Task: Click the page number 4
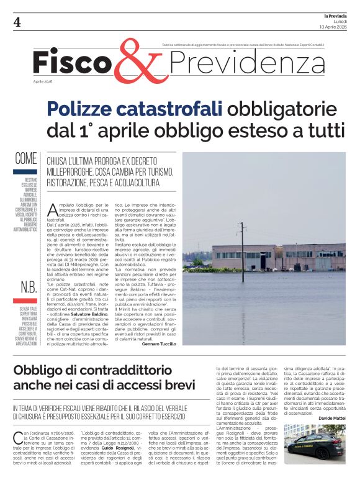[17, 22]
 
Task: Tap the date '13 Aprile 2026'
[332, 27]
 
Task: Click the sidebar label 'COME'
[26, 158]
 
